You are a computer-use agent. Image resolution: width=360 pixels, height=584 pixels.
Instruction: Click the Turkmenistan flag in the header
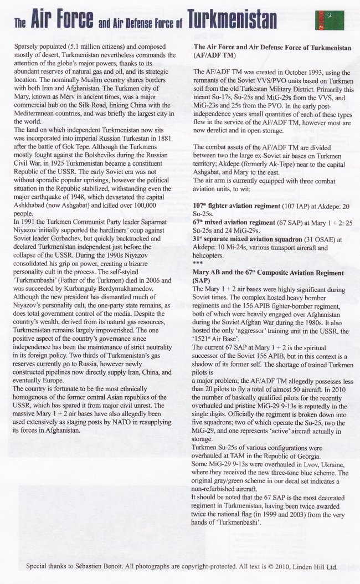[330, 21]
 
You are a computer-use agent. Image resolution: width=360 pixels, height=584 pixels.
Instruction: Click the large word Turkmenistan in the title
[232, 21]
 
